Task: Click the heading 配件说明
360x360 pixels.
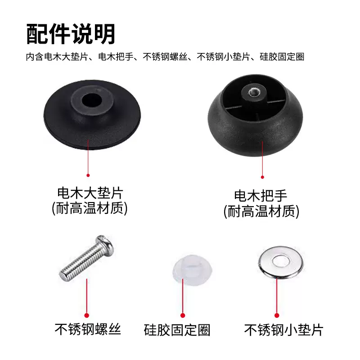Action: [x=71, y=34]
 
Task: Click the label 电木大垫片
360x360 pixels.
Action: [x=90, y=194]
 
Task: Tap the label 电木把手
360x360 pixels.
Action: [x=261, y=196]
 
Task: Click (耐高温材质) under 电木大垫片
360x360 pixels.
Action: [x=90, y=209]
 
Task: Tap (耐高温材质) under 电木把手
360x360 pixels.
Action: [x=261, y=211]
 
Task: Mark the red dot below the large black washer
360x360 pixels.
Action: [x=88, y=175]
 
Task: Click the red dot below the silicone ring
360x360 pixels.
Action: [x=183, y=315]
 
